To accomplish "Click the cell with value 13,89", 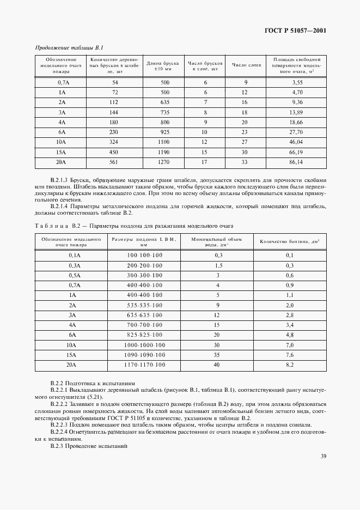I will point(297,111).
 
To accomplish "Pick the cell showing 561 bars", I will point(115,162).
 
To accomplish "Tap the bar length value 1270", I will point(164,162).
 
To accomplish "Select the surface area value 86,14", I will point(297,162).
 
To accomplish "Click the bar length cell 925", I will point(164,131).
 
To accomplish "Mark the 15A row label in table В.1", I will point(62,151).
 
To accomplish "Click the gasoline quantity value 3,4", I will point(289,325).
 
